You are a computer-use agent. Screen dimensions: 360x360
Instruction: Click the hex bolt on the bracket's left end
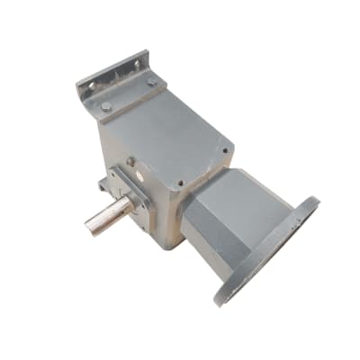pos(107,106)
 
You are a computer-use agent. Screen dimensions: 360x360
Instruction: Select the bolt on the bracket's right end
pos(152,82)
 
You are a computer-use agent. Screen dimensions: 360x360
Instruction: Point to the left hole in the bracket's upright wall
pos(91,85)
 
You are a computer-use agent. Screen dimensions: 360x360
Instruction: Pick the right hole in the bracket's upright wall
pos(138,63)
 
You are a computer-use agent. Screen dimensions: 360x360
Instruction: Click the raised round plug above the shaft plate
pos(131,162)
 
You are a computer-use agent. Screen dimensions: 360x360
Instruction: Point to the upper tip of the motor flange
pos(314,200)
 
